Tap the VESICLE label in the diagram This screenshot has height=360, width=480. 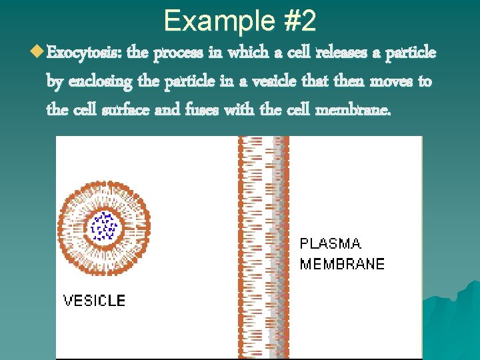pyautogui.click(x=94, y=300)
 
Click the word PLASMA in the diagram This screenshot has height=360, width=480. pyautogui.click(x=331, y=244)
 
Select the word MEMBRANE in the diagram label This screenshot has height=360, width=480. pyautogui.click(x=342, y=264)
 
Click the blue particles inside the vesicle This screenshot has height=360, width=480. pyautogui.click(x=104, y=225)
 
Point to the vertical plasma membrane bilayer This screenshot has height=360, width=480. pyautogui.click(x=263, y=247)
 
